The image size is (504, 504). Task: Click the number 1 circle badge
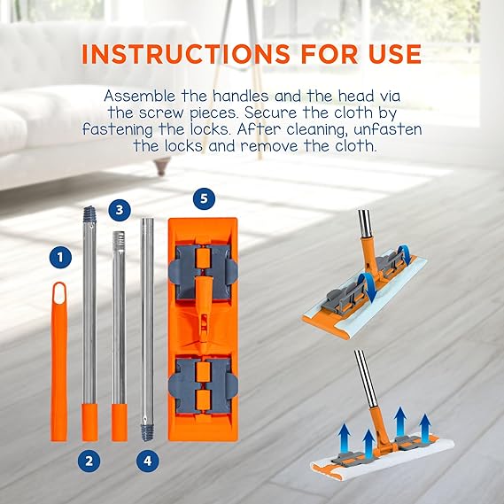tap(60, 257)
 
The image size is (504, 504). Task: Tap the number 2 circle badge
tap(89, 461)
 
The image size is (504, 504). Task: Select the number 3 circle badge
tap(120, 210)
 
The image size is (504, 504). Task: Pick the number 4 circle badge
tap(148, 461)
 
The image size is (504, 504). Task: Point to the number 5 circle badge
tap(204, 198)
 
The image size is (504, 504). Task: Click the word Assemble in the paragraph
tap(140, 97)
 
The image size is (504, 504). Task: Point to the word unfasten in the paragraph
tap(388, 129)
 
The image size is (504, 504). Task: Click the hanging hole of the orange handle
tap(59, 293)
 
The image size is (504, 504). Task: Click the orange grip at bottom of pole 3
tap(120, 423)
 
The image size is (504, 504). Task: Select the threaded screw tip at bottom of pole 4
tap(148, 432)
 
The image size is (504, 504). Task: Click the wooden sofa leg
tap(163, 167)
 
